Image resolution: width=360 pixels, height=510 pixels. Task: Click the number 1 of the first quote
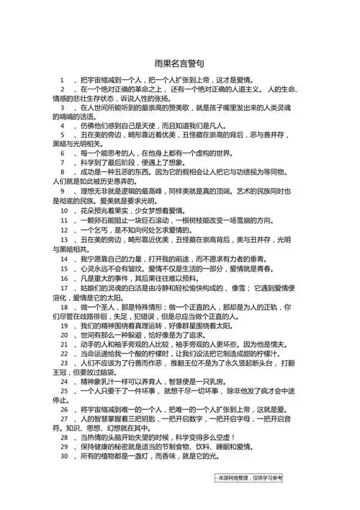point(63,79)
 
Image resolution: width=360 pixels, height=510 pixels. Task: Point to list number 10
point(65,210)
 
